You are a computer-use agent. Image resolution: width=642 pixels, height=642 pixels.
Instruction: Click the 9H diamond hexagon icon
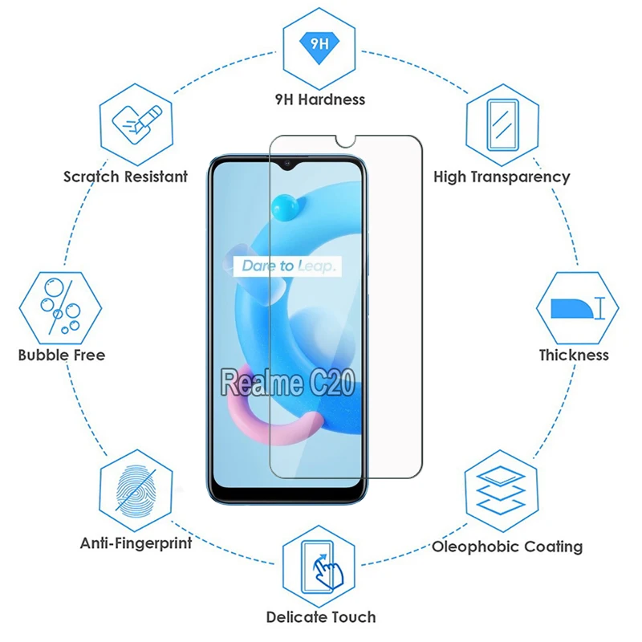(x=320, y=45)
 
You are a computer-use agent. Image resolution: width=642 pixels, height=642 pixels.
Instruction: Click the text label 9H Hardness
(x=320, y=100)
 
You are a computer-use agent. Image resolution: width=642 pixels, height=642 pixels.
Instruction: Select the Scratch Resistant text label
(x=126, y=177)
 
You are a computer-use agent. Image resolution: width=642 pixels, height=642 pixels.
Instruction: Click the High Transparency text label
(x=502, y=177)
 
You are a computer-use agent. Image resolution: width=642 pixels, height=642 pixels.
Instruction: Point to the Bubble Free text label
(x=62, y=355)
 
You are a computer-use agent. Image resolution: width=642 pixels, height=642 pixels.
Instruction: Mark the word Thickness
(x=574, y=355)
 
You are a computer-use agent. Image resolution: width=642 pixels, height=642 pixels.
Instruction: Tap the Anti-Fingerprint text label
(x=136, y=543)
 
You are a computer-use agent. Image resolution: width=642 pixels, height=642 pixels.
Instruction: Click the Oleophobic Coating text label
(x=507, y=547)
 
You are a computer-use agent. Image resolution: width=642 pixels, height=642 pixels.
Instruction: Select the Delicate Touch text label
(x=321, y=617)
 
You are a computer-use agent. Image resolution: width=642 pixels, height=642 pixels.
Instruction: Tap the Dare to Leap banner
(x=286, y=266)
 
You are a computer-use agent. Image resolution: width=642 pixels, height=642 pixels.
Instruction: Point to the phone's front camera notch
(x=286, y=165)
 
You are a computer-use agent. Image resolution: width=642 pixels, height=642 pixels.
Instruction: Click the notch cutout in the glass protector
(x=346, y=141)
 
